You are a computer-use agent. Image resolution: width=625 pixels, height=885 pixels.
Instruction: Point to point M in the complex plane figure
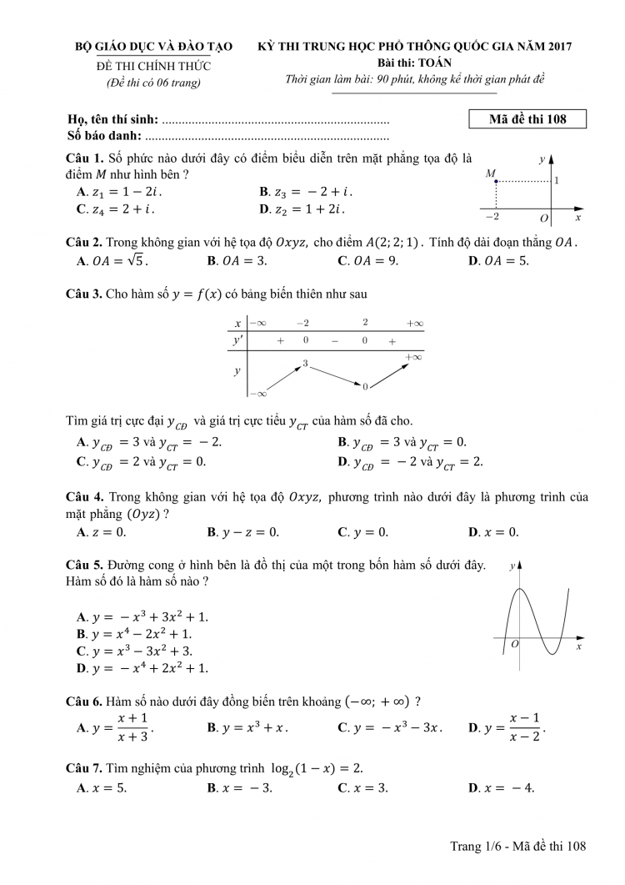pos(497,181)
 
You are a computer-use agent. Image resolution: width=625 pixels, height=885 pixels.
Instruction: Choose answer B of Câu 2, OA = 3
pos(237,260)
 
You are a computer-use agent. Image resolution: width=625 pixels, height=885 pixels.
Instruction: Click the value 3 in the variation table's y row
pos(306,364)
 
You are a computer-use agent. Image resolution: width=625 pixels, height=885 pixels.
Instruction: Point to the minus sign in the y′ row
pos(334,341)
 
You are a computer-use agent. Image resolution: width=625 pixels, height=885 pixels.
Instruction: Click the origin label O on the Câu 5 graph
pos(514,644)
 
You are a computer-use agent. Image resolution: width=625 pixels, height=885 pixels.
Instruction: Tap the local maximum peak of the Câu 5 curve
pos(520,590)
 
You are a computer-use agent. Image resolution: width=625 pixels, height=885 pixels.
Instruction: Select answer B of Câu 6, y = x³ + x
pos(247,727)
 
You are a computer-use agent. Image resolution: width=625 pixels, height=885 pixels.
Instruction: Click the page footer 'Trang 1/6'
pos(474,847)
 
